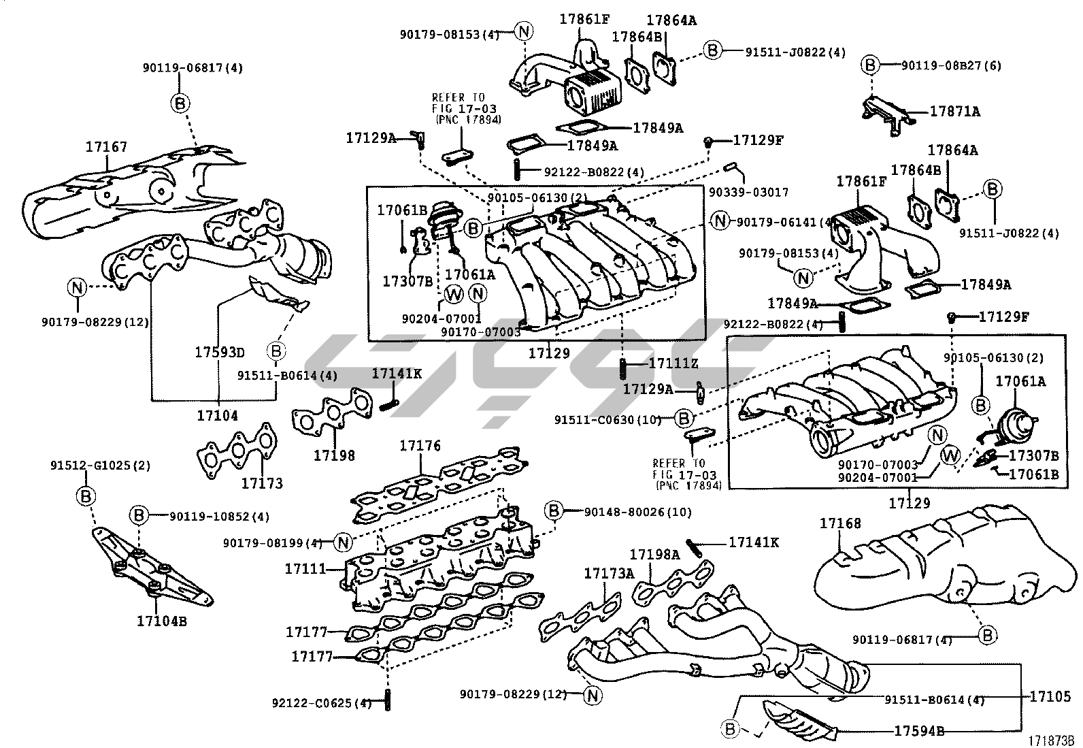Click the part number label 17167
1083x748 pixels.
[x=106, y=147]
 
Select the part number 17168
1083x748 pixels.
[x=840, y=523]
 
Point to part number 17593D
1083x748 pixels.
[x=219, y=353]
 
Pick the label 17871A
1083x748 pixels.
[x=955, y=111]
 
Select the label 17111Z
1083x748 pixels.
[x=673, y=364]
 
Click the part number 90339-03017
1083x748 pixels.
[x=748, y=193]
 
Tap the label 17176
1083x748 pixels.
[x=420, y=446]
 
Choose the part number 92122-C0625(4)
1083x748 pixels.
[x=321, y=702]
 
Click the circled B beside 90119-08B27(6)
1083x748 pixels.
[x=869, y=65]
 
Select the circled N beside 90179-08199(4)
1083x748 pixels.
[x=344, y=542]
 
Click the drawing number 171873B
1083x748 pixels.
[x=1050, y=741]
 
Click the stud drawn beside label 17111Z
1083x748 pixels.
[x=623, y=369]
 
